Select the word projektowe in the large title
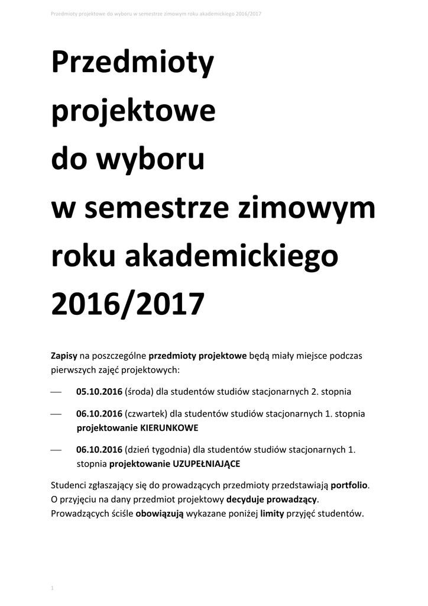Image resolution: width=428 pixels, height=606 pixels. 134,112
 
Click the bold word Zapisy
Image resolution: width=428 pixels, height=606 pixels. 64,356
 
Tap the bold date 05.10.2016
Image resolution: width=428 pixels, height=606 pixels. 99,391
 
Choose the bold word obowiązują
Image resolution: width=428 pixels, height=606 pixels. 160,514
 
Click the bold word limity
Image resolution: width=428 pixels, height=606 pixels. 273,514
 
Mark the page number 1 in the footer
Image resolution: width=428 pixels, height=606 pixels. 53,588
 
